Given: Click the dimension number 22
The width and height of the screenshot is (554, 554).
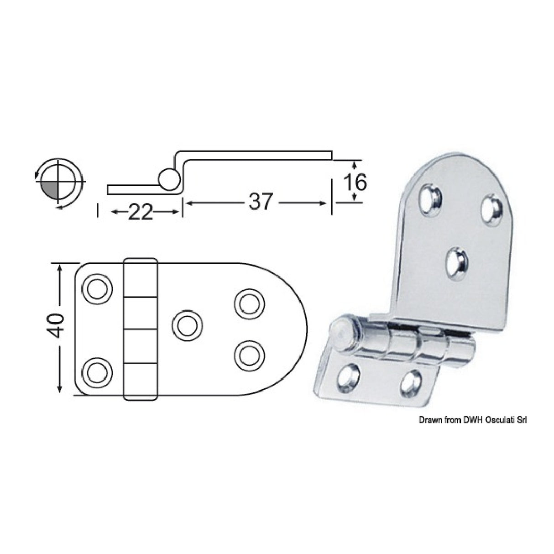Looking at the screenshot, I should (x=140, y=212).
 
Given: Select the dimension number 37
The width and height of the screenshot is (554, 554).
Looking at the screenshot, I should (x=260, y=201).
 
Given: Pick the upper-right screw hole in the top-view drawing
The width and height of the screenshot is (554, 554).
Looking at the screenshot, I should (x=248, y=302).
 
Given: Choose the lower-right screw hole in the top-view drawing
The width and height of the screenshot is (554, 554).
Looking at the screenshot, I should (x=248, y=354).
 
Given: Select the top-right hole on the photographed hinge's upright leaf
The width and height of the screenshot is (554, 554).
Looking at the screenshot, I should (x=491, y=210).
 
